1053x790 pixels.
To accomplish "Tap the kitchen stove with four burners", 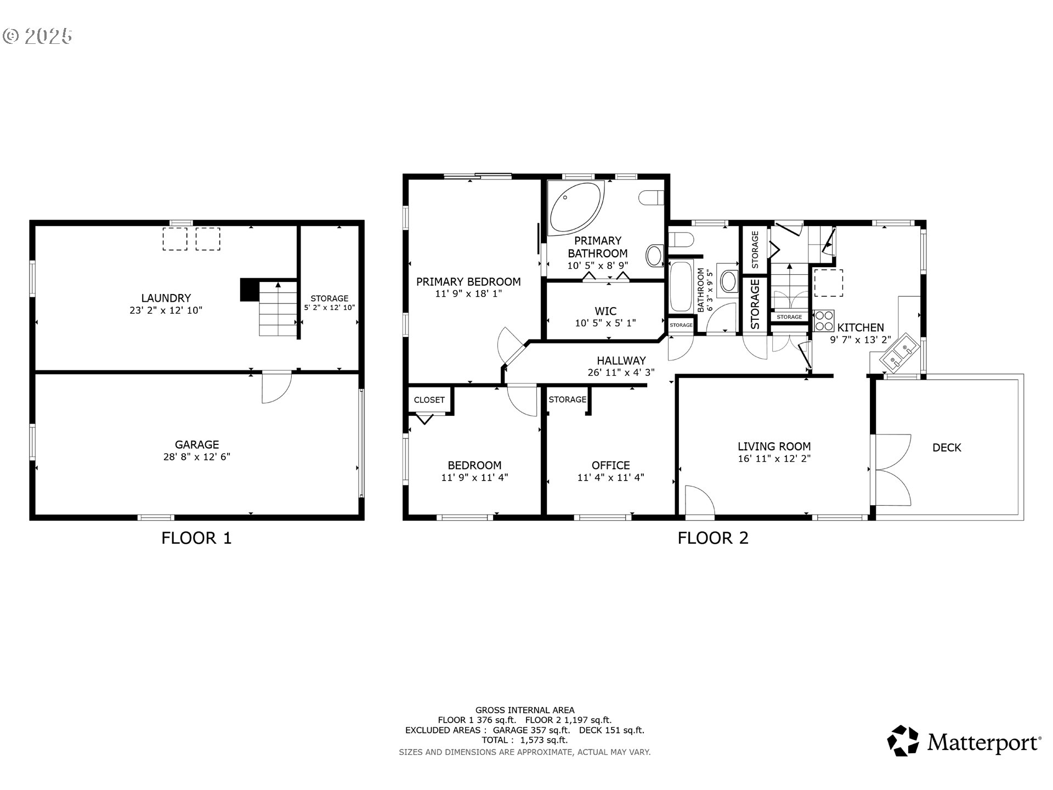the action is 823,320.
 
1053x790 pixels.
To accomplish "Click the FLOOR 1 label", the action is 196,538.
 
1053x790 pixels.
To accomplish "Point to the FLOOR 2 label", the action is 713,538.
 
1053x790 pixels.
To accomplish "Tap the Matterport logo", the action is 964,742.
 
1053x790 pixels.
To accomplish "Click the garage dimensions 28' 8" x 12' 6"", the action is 197,456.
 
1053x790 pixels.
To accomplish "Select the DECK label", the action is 947,448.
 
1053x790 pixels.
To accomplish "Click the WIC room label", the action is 605,311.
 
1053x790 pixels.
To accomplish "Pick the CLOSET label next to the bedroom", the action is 429,400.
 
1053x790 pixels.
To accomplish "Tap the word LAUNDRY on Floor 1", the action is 166,298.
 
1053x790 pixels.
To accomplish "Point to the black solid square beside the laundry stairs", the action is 249,290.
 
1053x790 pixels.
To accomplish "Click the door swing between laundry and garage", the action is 276,388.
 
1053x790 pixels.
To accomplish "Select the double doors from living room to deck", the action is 891,470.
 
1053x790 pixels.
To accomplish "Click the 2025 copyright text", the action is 37,36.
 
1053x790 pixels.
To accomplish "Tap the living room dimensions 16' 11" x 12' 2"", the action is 774,459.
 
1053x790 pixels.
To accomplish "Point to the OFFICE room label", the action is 610,465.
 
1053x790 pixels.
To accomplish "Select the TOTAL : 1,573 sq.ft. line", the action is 525,740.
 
